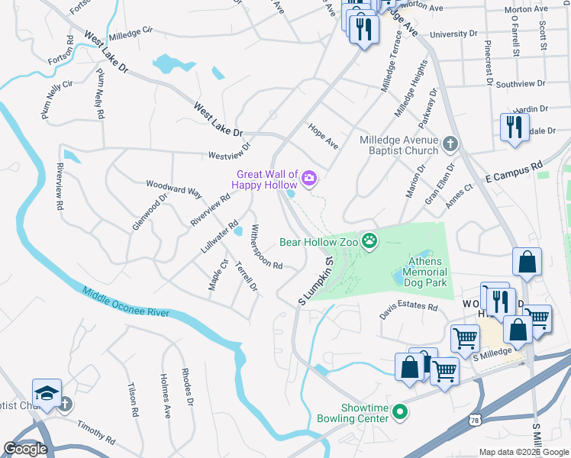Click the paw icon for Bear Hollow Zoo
click(370, 242)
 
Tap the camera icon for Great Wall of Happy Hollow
click(309, 179)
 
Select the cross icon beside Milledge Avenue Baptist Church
click(450, 143)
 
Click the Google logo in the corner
click(25, 449)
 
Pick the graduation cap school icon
click(47, 392)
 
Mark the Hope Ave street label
click(323, 135)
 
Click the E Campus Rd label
click(512, 170)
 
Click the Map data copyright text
click(524, 451)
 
